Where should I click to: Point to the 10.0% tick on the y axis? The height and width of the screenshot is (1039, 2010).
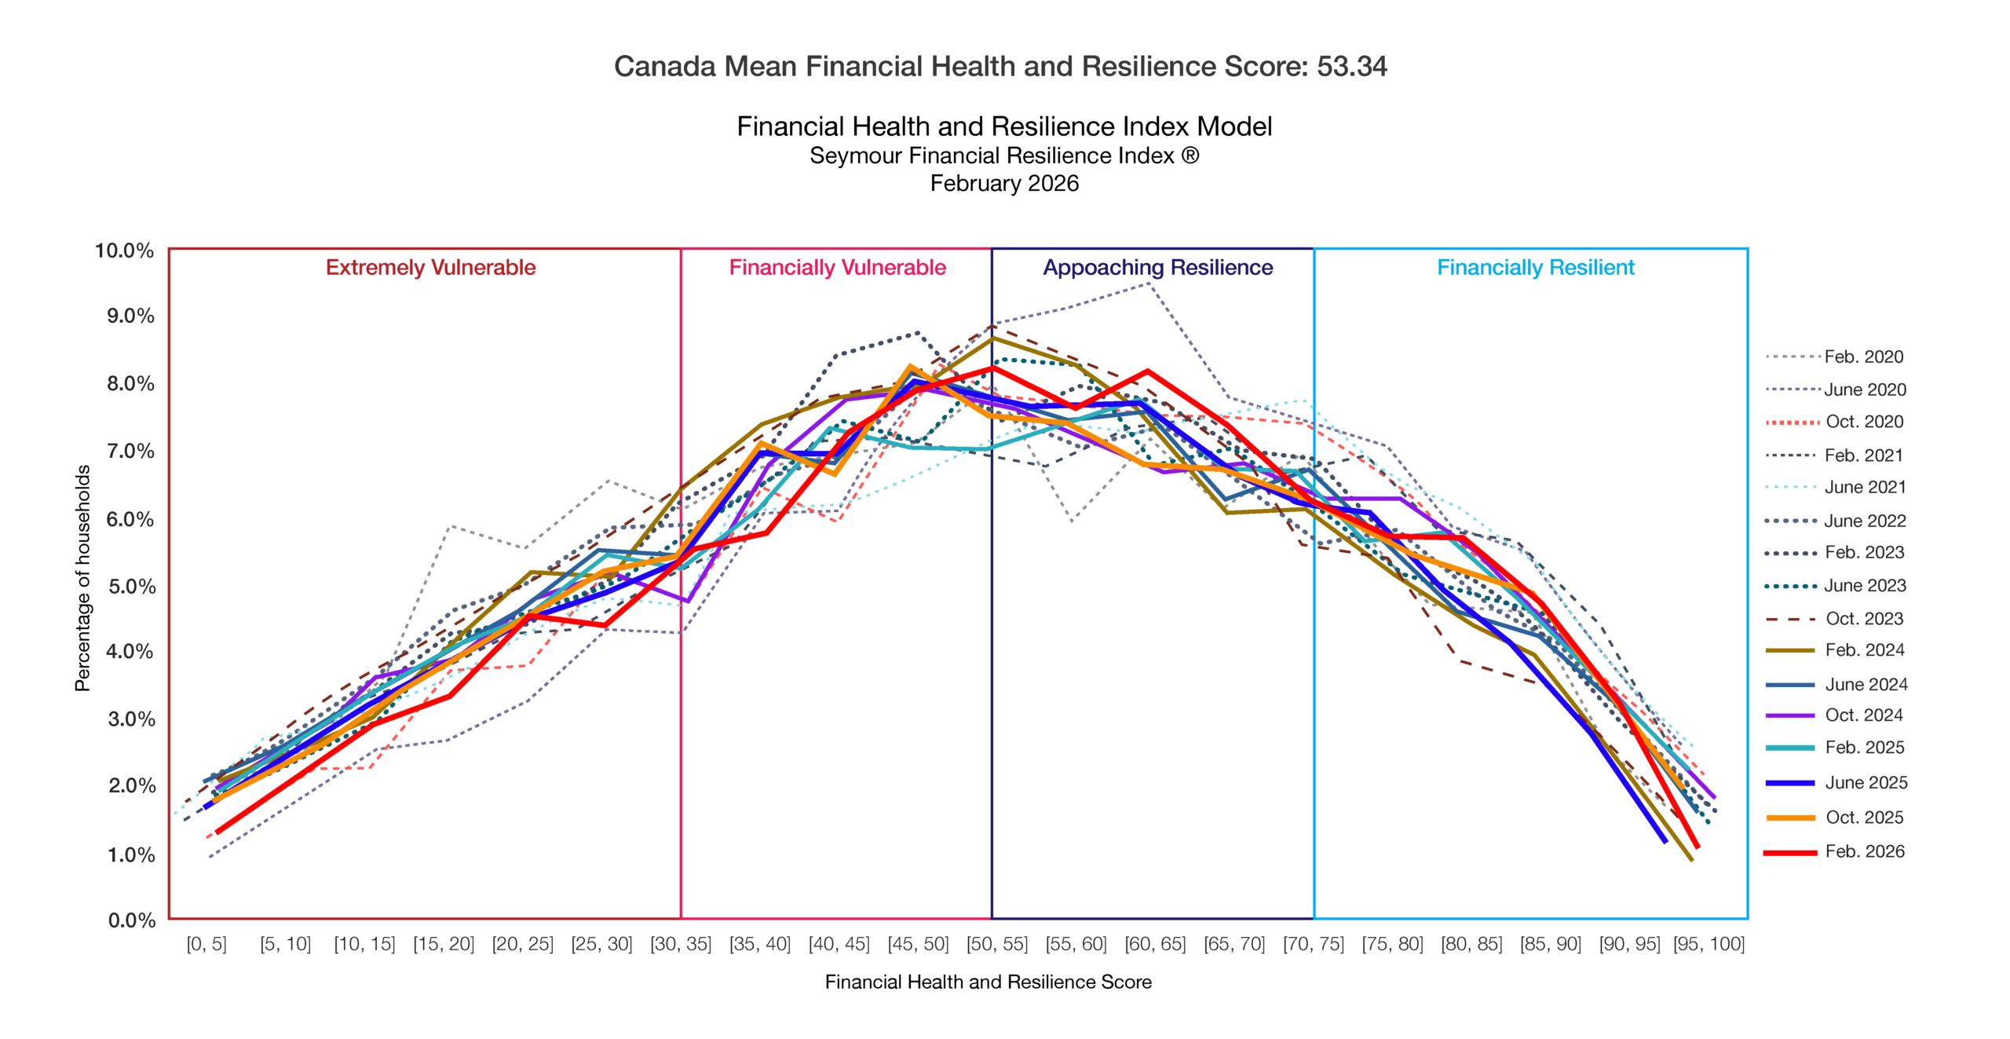124,251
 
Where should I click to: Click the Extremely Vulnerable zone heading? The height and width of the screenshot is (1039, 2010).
430,268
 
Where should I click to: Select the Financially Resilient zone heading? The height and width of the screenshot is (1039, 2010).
1535,268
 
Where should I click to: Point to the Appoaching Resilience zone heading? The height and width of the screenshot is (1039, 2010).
1157,268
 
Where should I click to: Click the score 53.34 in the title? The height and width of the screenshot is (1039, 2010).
1351,67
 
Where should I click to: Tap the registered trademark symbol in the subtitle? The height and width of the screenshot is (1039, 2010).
1190,155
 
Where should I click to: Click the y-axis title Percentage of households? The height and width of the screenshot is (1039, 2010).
82,578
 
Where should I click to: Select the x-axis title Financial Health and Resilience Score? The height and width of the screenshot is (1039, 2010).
988,982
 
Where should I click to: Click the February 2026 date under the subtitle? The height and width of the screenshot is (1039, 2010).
1004,184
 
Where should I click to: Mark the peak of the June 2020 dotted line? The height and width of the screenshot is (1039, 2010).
1149,284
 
